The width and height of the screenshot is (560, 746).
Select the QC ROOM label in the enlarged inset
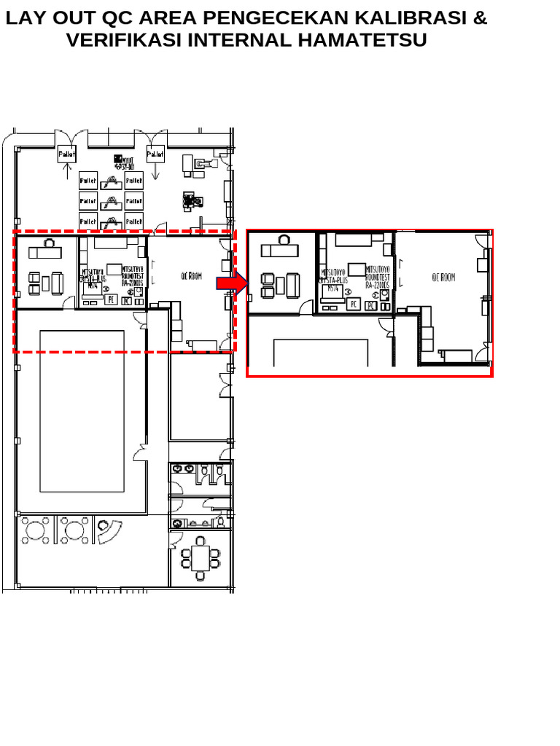443,278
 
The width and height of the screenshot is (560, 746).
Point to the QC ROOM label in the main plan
191,276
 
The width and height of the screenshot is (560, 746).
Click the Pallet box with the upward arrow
67,154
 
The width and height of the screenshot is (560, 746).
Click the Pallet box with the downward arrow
155,154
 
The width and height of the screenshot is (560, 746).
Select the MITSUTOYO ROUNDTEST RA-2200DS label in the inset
378,278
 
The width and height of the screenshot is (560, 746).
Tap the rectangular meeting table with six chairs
201,558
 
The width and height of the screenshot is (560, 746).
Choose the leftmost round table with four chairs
34,530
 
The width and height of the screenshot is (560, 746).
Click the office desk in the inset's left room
280,251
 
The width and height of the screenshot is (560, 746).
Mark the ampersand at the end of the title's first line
480,17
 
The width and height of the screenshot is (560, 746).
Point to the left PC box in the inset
353,304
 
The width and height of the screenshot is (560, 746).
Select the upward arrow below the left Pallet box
67,172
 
